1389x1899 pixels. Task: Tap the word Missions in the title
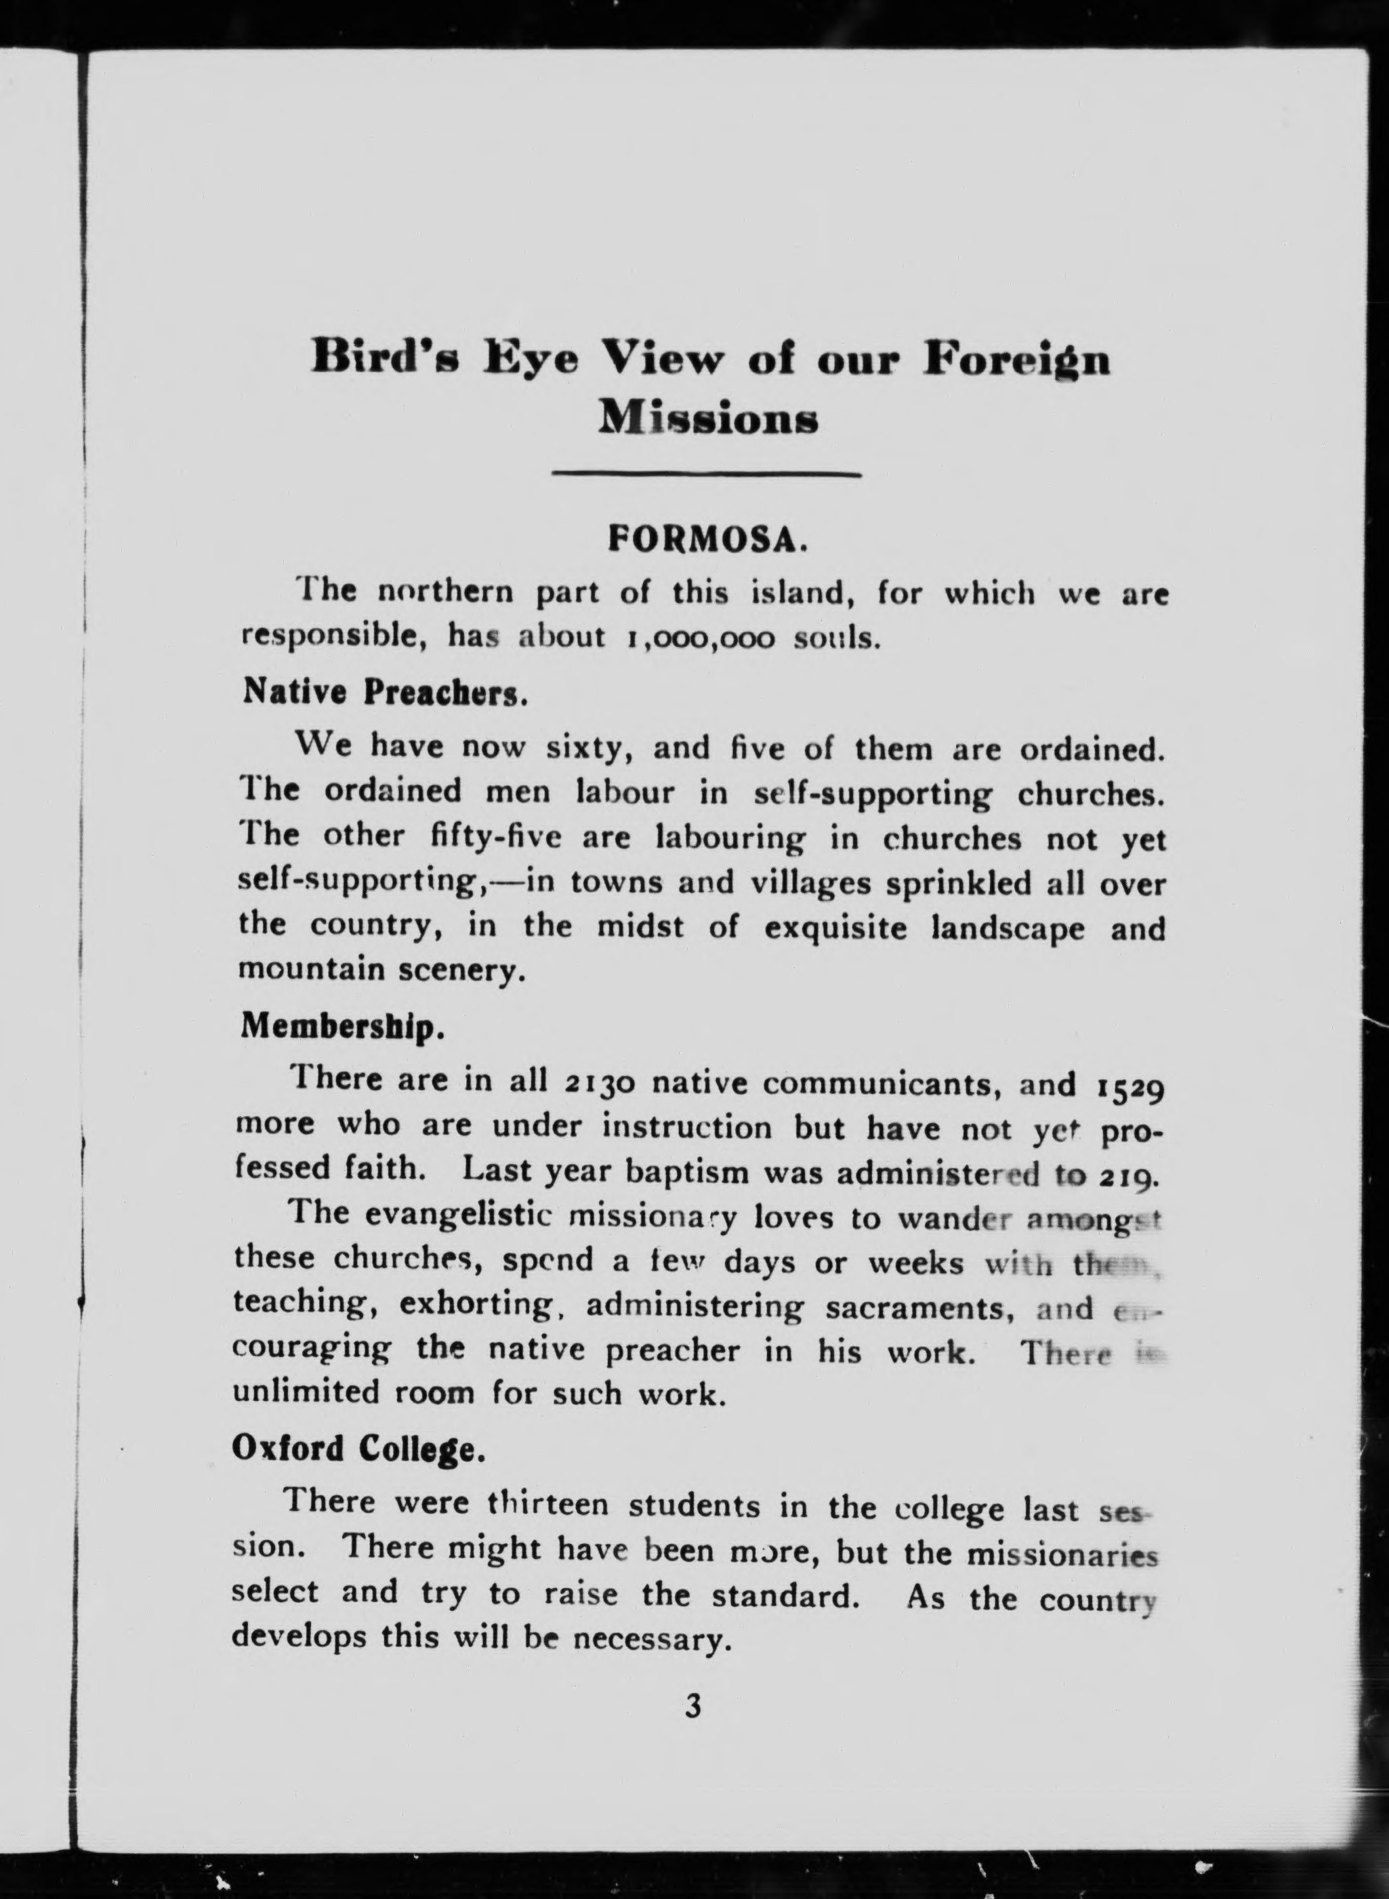tap(708, 418)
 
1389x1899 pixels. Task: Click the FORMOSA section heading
tap(708, 537)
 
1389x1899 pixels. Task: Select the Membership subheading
tap(341, 1026)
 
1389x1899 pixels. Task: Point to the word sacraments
tap(919, 1308)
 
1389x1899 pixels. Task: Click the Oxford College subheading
tap(358, 1449)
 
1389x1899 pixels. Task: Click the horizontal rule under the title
tap(706, 476)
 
